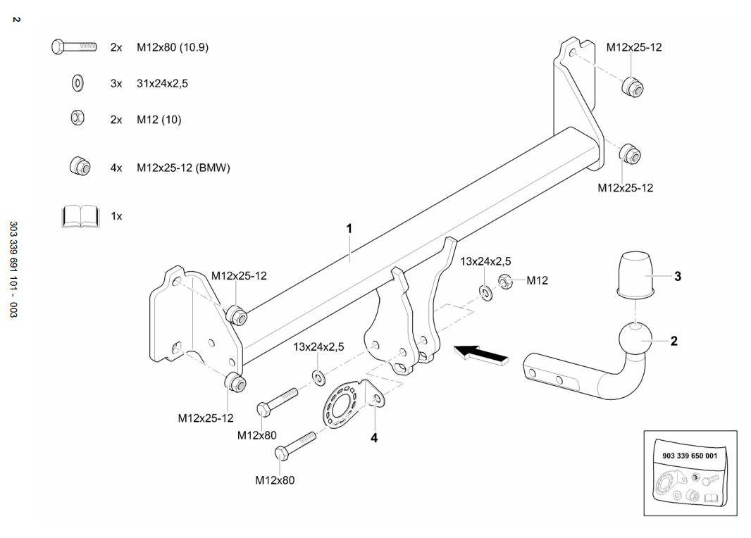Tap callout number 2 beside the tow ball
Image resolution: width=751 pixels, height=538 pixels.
[x=674, y=342]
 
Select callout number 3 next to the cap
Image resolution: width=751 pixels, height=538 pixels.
[x=678, y=277]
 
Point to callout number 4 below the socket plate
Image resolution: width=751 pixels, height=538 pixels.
[x=374, y=437]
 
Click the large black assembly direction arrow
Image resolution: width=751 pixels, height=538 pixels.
[x=482, y=354]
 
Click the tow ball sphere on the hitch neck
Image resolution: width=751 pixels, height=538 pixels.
[x=637, y=341]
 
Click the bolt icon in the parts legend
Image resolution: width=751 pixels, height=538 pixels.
[x=73, y=47]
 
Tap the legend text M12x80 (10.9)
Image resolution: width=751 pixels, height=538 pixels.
[x=173, y=47]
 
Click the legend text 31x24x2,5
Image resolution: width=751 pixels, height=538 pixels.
[x=163, y=83]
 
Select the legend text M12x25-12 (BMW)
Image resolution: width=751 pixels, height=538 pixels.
[x=183, y=168]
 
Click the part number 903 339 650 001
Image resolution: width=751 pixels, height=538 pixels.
[x=690, y=456]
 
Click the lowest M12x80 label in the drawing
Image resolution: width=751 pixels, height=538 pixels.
[x=275, y=480]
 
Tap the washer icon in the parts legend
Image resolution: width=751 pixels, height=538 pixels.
[x=77, y=83]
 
